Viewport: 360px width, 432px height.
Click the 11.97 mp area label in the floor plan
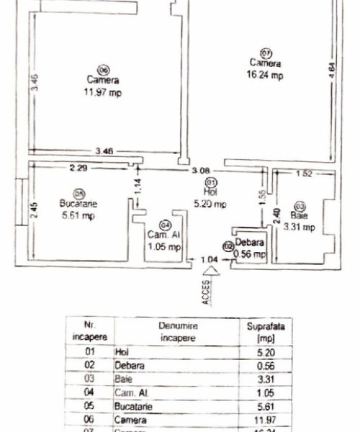102,93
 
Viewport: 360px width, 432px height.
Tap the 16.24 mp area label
265,76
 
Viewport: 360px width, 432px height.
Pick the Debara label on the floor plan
250,242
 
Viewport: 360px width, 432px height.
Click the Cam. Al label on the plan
164,235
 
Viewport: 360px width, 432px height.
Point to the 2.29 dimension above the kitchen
78,167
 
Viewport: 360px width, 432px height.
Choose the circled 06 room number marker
102,70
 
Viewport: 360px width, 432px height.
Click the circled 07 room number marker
265,53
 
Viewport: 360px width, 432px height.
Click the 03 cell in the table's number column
90,379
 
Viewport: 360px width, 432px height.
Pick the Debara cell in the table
130,365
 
